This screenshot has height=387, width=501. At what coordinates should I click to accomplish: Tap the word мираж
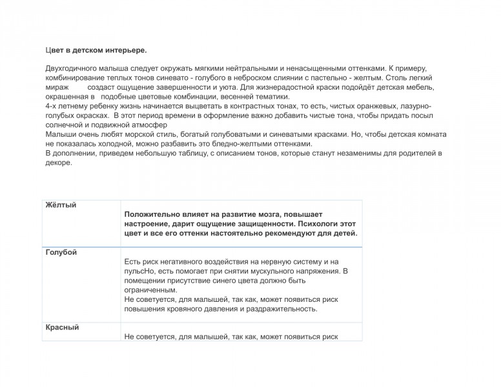click(x=57, y=86)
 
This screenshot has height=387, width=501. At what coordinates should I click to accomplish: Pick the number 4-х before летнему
click(x=52, y=105)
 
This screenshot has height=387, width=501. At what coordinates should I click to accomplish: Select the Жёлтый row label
click(x=61, y=205)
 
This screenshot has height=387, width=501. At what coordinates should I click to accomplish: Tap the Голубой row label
click(x=61, y=252)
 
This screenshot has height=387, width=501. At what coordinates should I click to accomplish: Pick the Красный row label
click(x=62, y=327)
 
